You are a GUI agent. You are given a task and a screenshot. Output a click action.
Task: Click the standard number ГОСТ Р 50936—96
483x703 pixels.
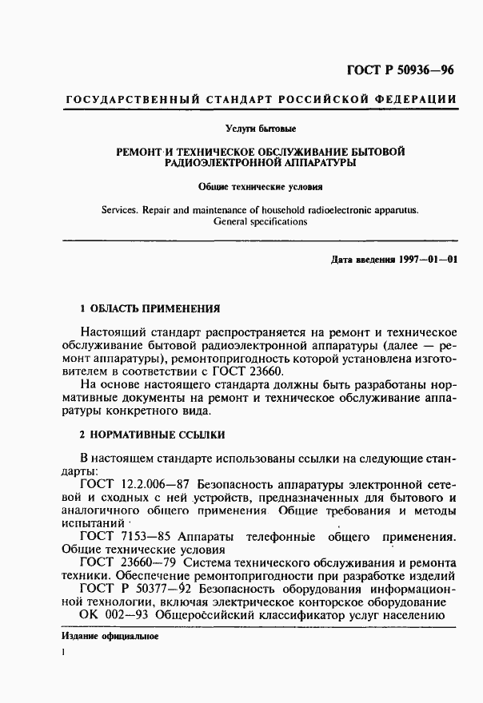click(400, 70)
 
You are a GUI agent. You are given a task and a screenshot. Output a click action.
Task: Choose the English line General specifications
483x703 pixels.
click(260, 223)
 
